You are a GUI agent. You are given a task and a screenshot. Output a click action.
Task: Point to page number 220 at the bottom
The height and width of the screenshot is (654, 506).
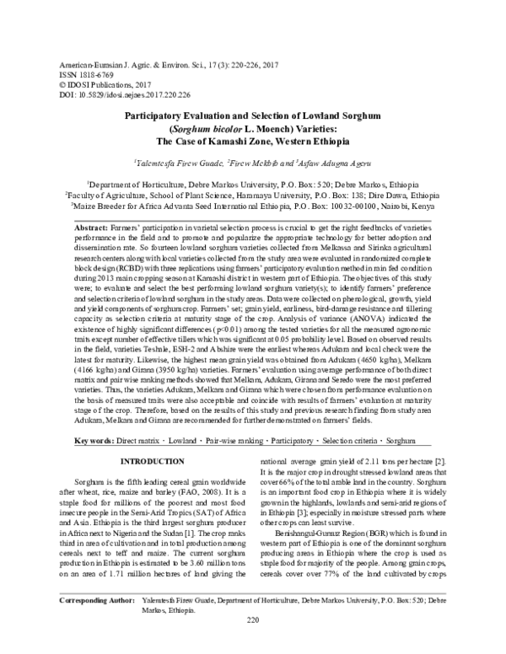252,644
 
